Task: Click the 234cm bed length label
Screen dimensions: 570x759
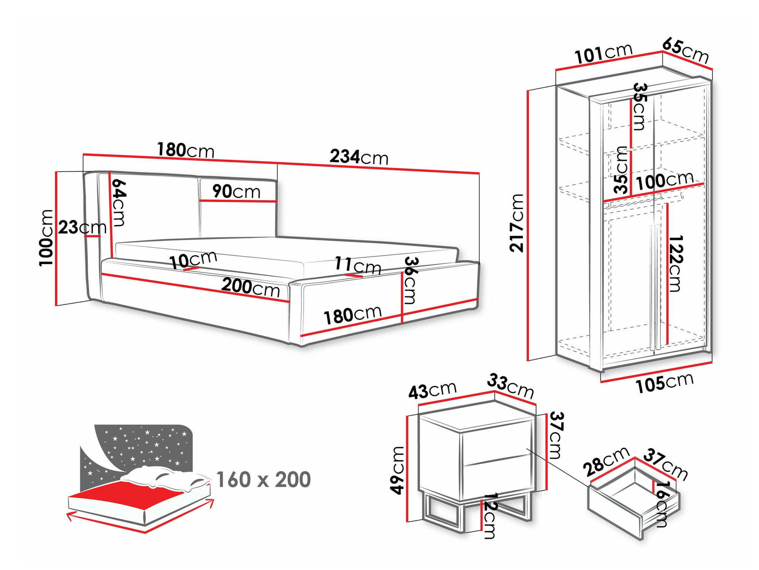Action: click(359, 157)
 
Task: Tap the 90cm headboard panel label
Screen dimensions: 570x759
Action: click(236, 191)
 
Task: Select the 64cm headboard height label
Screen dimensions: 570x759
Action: click(119, 203)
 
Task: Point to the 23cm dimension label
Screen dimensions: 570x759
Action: click(82, 228)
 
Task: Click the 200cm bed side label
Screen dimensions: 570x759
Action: click(250, 287)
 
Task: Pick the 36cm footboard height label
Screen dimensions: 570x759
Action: click(410, 280)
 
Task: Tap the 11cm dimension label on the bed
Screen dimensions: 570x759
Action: click(357, 265)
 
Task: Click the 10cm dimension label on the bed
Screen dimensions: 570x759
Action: click(193, 260)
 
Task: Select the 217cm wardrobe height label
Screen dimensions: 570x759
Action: click(516, 223)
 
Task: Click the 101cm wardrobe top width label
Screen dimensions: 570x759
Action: click(603, 54)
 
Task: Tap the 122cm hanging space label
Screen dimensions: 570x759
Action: click(675, 263)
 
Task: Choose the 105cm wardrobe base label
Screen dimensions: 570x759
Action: click(665, 383)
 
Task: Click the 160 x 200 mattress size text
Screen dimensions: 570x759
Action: click(263, 480)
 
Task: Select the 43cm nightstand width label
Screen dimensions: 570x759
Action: click(432, 391)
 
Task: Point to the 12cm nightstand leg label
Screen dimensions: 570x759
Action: click(490, 516)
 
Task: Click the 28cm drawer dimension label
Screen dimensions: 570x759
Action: click(606, 461)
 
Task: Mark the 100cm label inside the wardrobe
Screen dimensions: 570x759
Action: click(665, 181)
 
